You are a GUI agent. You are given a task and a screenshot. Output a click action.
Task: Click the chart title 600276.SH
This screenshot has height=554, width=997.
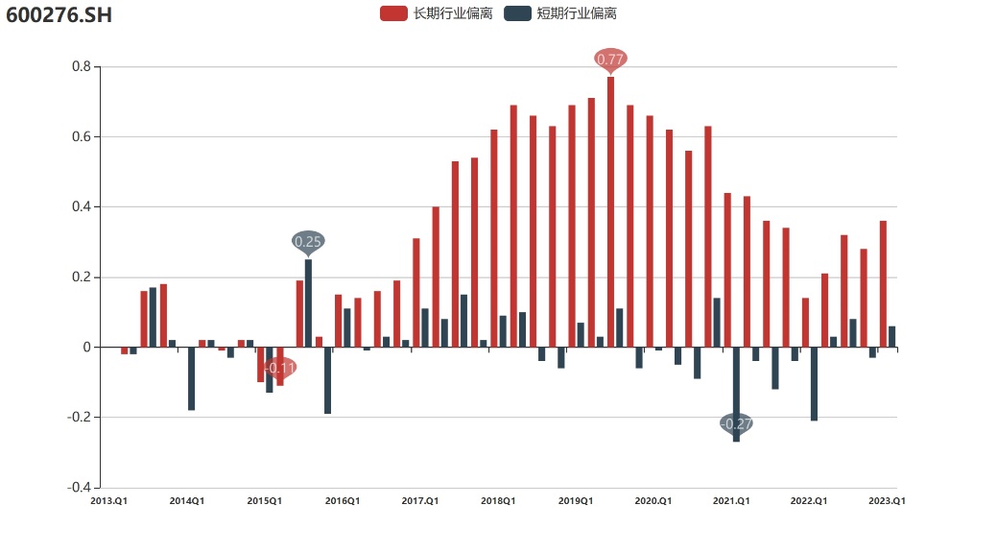point(59,16)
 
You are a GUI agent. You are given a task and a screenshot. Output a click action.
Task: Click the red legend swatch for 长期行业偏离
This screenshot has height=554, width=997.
point(393,13)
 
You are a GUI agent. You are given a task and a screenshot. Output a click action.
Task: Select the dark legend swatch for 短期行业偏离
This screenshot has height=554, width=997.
point(518,13)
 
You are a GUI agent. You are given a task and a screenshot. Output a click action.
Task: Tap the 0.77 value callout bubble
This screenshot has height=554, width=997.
point(610,60)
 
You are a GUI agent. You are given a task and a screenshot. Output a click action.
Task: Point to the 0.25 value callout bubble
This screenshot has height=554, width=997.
point(308,241)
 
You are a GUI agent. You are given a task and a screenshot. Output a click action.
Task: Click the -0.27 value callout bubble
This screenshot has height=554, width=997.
point(736,423)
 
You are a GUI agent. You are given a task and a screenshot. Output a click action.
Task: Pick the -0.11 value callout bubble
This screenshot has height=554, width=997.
point(280,368)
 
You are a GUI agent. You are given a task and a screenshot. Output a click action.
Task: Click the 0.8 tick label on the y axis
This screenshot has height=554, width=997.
point(81,67)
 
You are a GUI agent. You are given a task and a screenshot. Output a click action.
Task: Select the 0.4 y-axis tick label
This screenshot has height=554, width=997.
point(81,207)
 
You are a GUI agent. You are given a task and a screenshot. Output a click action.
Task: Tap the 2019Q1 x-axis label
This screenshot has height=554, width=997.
point(576,501)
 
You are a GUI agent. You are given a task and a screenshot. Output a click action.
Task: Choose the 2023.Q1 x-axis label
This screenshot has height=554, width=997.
point(888,501)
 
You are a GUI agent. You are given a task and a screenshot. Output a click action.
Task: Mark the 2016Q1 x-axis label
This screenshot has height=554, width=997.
point(343,501)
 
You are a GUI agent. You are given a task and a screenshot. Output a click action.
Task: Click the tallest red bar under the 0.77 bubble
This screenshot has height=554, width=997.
point(610,211)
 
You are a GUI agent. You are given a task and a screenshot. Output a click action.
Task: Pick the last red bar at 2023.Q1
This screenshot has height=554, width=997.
point(883,284)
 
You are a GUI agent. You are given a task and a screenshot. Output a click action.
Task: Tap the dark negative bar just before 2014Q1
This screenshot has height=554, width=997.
point(192,378)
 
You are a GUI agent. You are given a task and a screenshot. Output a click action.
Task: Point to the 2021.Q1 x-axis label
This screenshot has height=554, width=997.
point(731,501)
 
